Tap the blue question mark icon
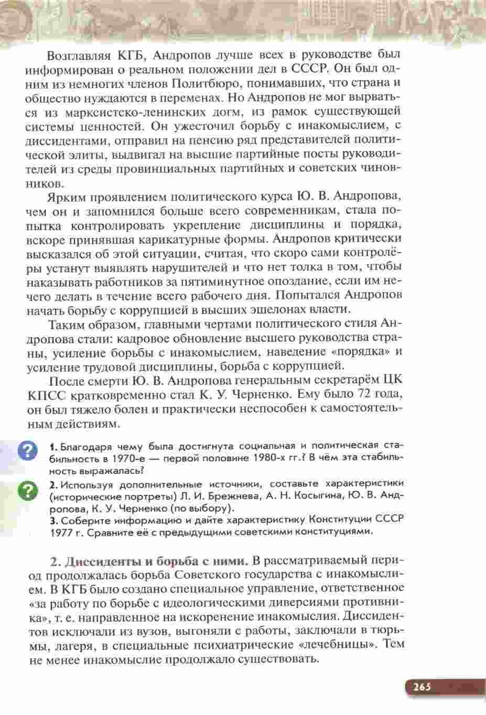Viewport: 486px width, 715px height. [x=28, y=451]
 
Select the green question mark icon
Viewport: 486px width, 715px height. [x=28, y=491]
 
